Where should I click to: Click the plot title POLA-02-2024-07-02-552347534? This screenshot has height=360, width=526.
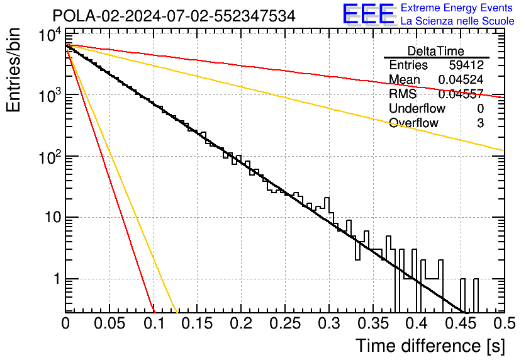point(174,16)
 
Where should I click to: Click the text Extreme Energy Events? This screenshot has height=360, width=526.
point(457,8)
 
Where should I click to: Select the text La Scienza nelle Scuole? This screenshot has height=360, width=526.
point(457,21)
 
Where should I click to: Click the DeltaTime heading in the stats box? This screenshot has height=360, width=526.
point(435,51)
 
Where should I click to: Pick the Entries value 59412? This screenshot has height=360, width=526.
point(466,65)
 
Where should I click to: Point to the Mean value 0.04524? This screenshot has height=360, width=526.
point(461,80)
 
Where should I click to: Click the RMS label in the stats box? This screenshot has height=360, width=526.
point(403,94)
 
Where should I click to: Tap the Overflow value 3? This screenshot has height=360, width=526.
point(480,123)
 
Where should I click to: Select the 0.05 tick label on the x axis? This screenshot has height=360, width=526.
point(109,324)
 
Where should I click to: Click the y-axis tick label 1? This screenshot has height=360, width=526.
point(54,279)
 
